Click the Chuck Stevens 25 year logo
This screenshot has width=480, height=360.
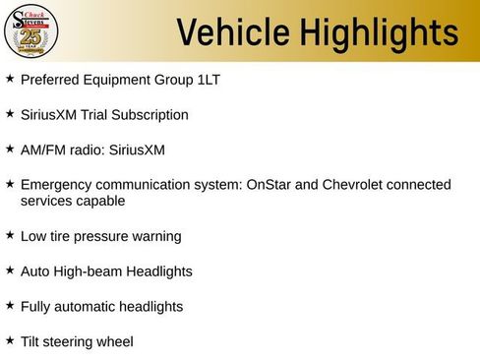[31, 30]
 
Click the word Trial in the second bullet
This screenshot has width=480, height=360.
[108, 115]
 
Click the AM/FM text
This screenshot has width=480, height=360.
[41, 150]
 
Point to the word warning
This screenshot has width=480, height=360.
[158, 236]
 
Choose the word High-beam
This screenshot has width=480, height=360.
[88, 270]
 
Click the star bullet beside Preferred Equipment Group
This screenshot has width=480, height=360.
[10, 78]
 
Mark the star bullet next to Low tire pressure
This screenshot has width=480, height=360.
[10, 235]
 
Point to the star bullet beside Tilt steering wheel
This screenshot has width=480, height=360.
[10, 340]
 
